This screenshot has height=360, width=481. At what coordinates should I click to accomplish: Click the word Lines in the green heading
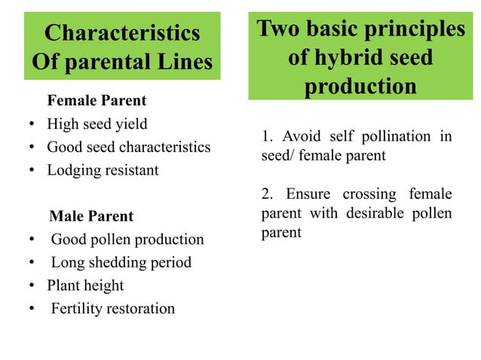(177, 61)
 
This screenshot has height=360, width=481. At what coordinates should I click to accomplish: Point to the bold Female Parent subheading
(97, 100)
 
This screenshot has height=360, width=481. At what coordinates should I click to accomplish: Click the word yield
(130, 124)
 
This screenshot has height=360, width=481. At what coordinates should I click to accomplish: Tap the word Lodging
(74, 170)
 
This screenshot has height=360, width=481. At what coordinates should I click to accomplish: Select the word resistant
(132, 170)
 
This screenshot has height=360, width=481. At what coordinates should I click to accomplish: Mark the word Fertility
(78, 309)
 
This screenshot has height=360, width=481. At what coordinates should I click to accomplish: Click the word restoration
(141, 309)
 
